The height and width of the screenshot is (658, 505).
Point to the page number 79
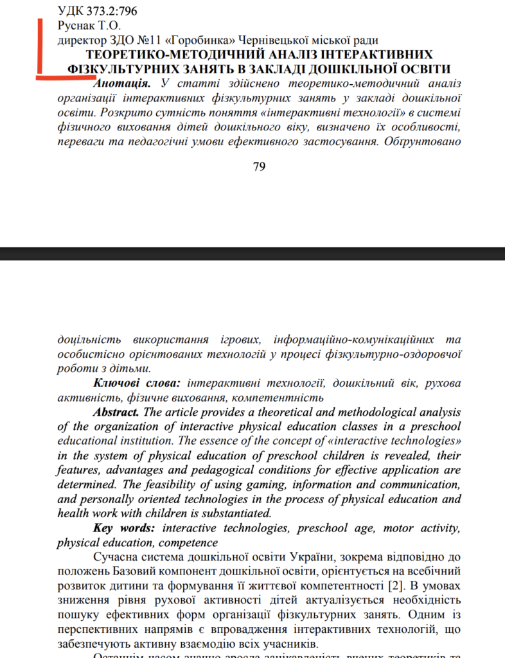(x=260, y=167)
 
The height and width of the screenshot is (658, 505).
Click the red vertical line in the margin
(x=39, y=48)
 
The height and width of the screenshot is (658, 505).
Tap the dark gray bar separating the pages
(x=253, y=253)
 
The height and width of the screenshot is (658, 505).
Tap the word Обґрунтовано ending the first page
(x=425, y=141)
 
